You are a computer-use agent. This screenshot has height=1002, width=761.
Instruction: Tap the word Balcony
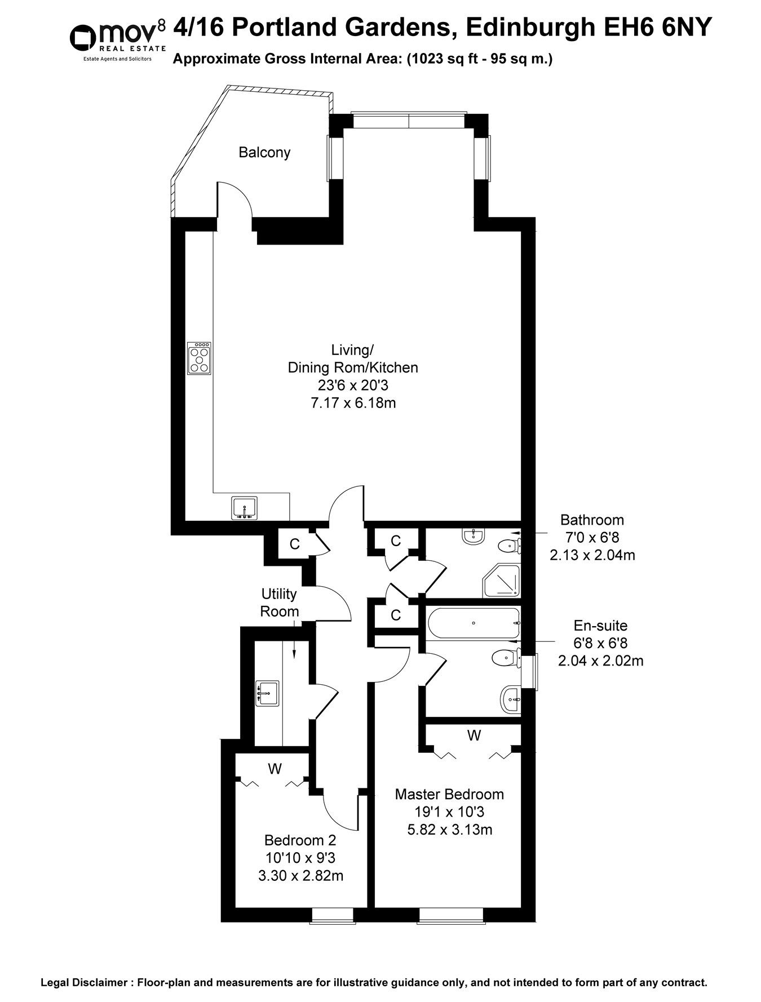coord(264,152)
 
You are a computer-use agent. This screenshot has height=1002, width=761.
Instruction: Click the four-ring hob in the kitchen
coord(199,358)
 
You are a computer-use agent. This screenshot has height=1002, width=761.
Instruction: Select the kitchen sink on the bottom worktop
coord(244,507)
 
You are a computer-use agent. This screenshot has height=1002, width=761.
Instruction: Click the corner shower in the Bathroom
coord(501,581)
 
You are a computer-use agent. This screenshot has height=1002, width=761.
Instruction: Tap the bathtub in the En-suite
coord(472,623)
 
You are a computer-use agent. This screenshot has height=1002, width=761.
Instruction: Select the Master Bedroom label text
coord(449,794)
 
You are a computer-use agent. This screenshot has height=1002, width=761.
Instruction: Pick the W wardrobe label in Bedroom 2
coord(275,768)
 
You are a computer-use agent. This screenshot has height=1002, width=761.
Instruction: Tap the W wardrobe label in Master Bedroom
coord(474,735)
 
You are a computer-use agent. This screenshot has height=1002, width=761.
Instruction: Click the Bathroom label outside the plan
coord(592,520)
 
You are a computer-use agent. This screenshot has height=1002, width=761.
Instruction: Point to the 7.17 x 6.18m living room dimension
coord(353,403)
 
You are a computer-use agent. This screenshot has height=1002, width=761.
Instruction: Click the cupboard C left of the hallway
coord(294,544)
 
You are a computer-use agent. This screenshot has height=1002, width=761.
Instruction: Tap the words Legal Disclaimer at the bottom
coord(83,982)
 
